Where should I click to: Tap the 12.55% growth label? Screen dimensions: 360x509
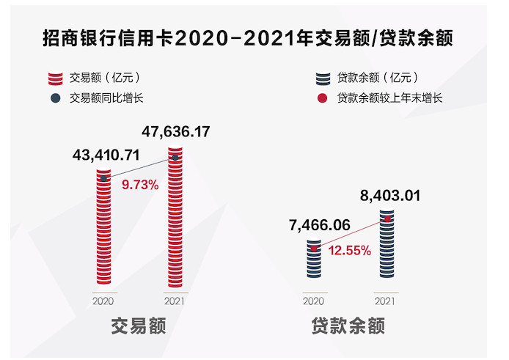[350, 250]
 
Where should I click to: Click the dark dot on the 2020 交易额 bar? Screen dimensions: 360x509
[104, 178]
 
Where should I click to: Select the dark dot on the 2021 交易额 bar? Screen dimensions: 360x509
[175, 158]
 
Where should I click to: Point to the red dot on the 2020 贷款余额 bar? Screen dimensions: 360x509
[314, 249]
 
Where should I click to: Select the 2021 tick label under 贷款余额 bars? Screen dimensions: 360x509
[386, 301]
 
